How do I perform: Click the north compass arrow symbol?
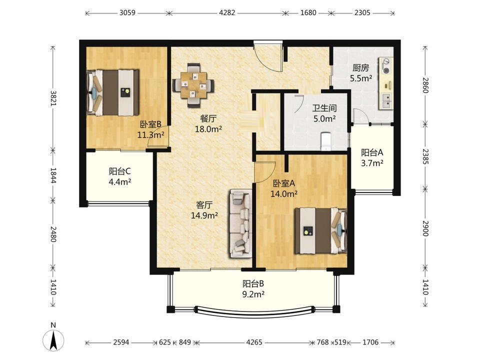click(x=53, y=340)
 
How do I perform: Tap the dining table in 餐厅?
click(x=193, y=85)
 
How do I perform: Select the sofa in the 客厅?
click(x=241, y=224)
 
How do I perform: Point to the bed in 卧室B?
click(x=112, y=93)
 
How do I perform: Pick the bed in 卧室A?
click(x=320, y=231)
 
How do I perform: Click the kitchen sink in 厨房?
click(x=386, y=101)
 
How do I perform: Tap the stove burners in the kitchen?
click(x=386, y=66)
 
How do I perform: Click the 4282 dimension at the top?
click(x=227, y=13)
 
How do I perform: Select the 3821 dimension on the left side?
click(x=53, y=98)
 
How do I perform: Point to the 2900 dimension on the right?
click(x=425, y=228)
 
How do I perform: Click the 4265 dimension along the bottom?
click(x=254, y=342)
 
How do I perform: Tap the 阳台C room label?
click(x=120, y=171)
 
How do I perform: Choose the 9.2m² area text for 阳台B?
click(x=253, y=294)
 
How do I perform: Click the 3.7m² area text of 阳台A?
click(x=372, y=163)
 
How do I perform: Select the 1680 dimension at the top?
click(x=308, y=13)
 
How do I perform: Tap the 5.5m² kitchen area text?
click(x=361, y=78)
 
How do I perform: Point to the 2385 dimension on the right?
click(x=425, y=156)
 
